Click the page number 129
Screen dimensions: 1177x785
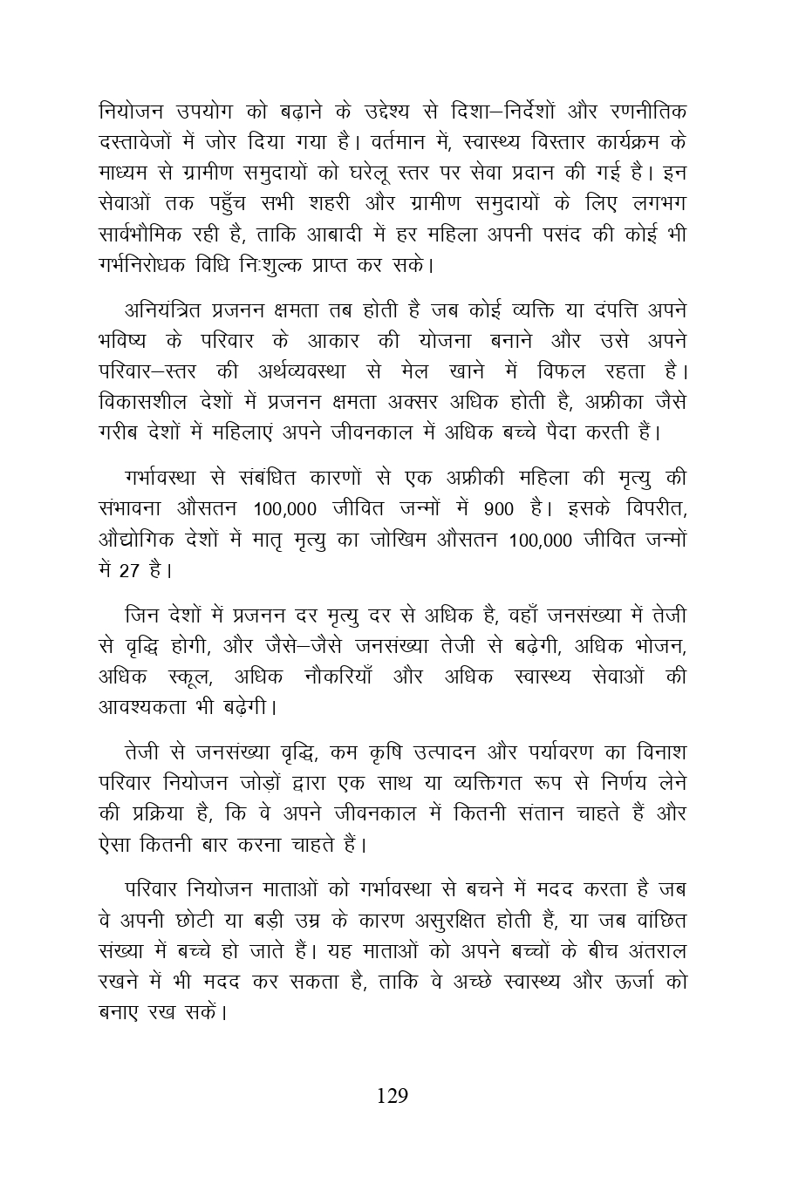click(392, 1096)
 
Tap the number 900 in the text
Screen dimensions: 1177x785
click(498, 509)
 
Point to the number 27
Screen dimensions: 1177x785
click(129, 572)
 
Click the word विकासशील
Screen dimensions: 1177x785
click(138, 402)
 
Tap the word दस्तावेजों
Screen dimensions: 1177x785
click(143, 143)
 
